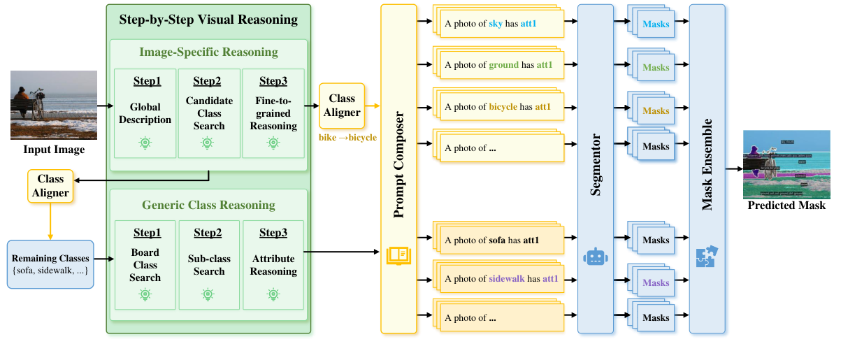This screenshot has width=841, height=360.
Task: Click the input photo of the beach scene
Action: pos(54,105)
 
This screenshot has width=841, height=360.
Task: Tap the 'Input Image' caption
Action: pos(54,150)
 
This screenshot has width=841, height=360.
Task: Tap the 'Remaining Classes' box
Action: pos(50,264)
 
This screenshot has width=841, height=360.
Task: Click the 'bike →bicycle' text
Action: pos(347,138)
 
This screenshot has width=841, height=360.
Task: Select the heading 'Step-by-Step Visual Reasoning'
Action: pos(208,20)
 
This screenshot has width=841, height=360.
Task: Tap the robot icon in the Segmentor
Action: pos(595,257)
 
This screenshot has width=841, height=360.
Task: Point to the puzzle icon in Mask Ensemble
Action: pos(707,257)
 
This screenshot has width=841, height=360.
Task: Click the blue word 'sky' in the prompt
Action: pos(496,24)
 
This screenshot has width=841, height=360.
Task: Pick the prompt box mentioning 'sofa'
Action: pos(502,240)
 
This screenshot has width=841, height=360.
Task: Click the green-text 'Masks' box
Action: pos(656,68)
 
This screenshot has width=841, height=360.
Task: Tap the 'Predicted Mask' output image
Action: pos(786,164)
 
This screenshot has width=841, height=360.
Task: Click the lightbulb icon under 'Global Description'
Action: pos(145,143)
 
